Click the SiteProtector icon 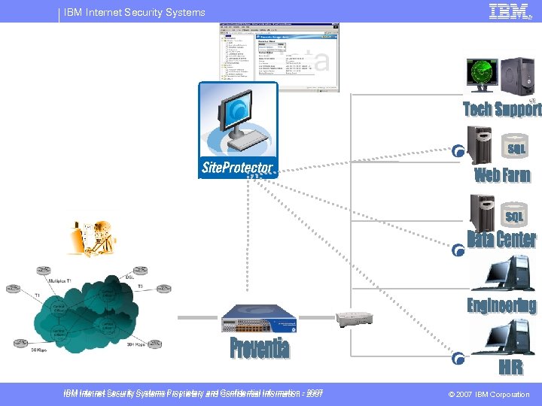[238, 130]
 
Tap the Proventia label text [259, 348]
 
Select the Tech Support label [502, 109]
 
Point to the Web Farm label [502, 175]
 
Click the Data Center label [502, 240]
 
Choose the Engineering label [502, 305]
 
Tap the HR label [510, 368]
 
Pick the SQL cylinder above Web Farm [516, 149]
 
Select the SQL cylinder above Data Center [514, 217]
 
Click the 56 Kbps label [39, 350]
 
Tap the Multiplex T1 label [60, 280]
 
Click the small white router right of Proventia [355, 318]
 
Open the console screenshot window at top [279, 56]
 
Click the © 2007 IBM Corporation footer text [489, 394]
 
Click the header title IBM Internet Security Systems [134, 12]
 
